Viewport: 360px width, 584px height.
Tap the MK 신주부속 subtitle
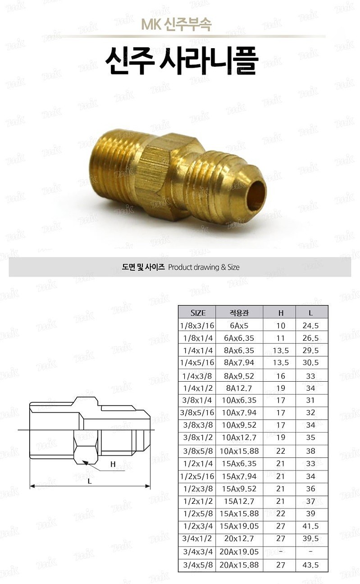point(176,24)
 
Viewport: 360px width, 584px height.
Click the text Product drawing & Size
point(203,267)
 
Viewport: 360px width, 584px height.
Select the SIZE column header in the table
point(198,313)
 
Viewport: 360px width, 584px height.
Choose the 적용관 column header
point(239,313)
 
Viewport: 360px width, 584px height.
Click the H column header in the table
point(281,313)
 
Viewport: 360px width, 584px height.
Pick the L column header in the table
point(311,313)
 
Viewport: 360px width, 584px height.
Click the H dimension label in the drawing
point(113,464)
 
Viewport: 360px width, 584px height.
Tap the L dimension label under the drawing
point(89,481)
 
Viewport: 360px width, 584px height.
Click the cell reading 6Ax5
point(239,325)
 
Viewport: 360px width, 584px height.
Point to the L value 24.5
point(311,325)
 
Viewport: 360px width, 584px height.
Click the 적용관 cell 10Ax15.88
point(239,451)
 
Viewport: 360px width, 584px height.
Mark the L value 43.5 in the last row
point(311,565)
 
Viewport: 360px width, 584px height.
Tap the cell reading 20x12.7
point(239,538)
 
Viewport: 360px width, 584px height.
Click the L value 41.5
point(311,526)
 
